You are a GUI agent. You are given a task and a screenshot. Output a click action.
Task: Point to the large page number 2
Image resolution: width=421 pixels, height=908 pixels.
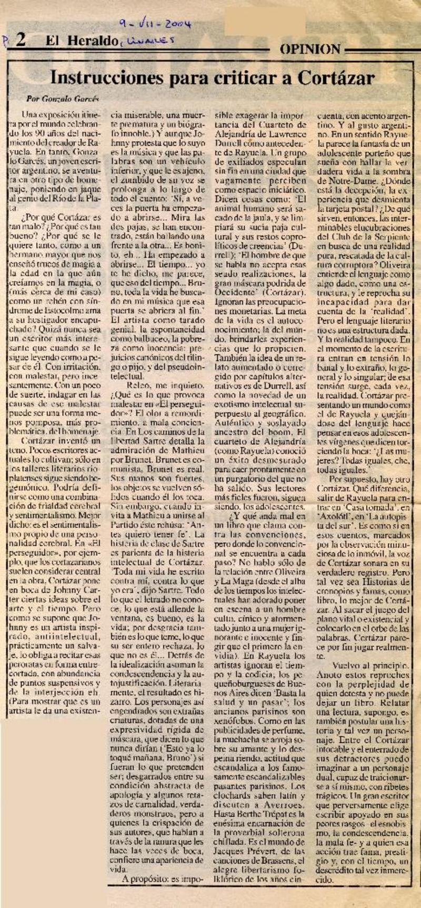[21, 41]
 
